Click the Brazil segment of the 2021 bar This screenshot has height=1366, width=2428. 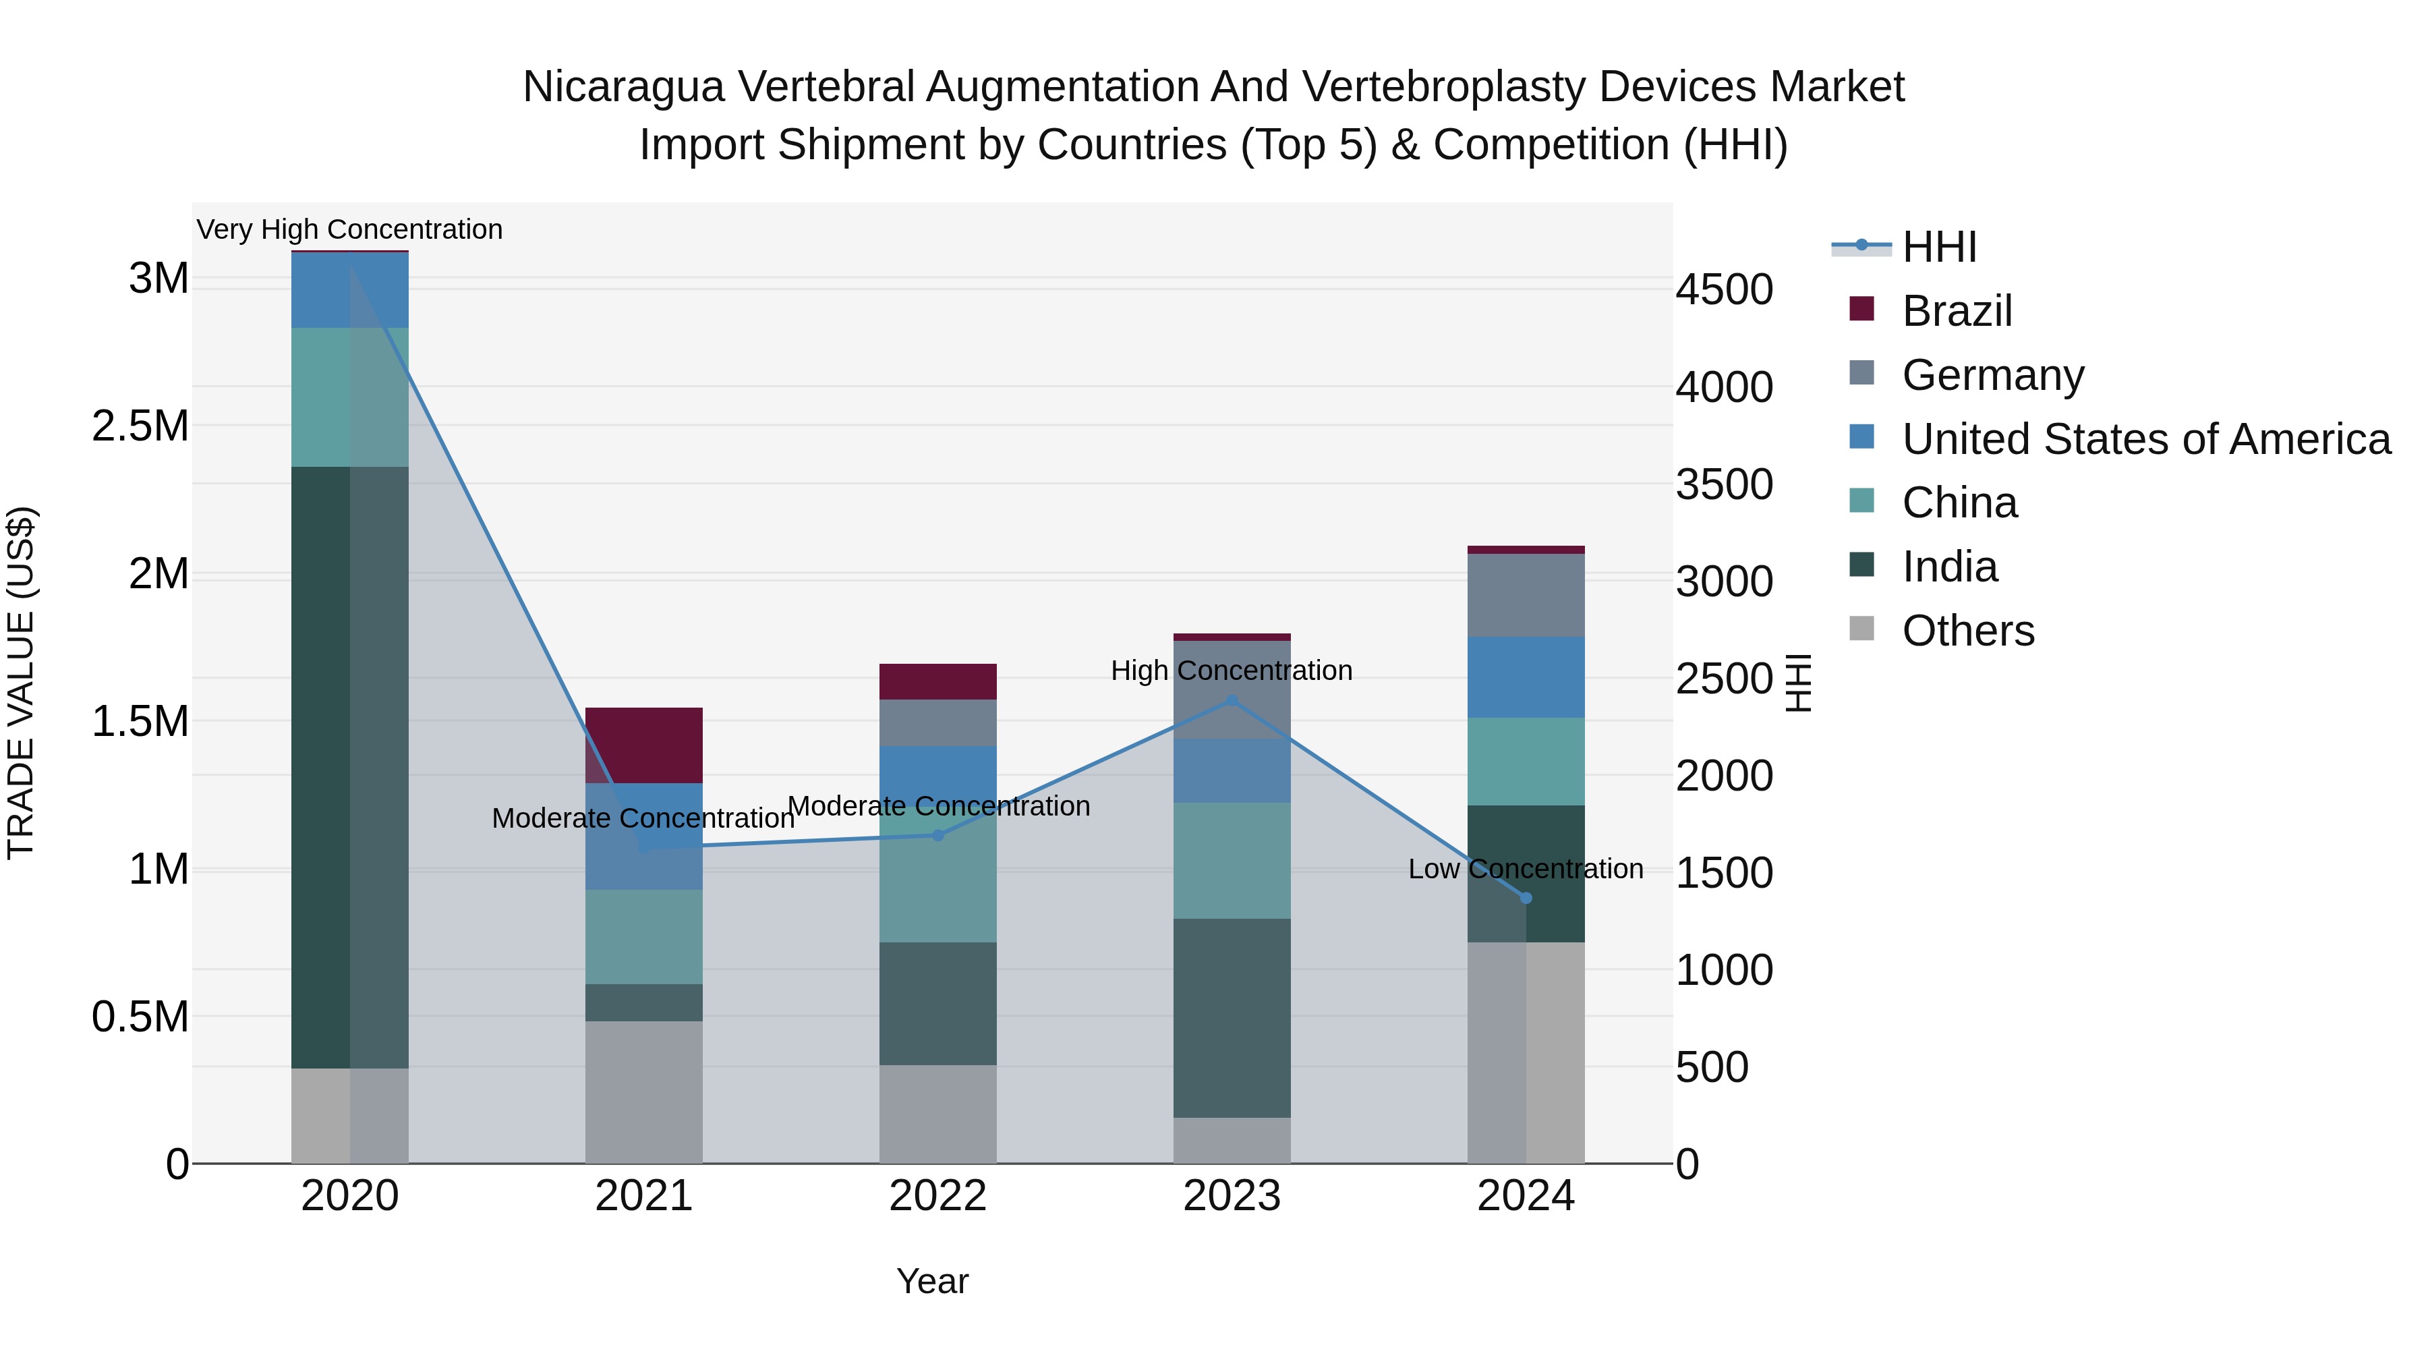644,745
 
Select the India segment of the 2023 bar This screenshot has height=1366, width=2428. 1232,1018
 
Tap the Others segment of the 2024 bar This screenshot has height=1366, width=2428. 1526,1052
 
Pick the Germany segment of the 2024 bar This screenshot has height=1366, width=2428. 1526,595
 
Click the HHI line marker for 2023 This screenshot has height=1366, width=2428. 1232,700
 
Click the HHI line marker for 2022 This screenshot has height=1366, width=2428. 938,835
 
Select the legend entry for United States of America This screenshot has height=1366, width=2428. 2146,439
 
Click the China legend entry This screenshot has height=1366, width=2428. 1959,503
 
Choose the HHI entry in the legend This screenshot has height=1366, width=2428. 1939,247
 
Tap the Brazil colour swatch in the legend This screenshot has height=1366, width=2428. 1861,309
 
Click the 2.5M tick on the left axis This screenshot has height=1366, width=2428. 140,426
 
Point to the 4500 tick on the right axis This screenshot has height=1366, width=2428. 1724,289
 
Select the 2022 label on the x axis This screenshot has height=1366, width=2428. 938,1196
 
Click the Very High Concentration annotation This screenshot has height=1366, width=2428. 349,230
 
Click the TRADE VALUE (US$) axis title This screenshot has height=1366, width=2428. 21,683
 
